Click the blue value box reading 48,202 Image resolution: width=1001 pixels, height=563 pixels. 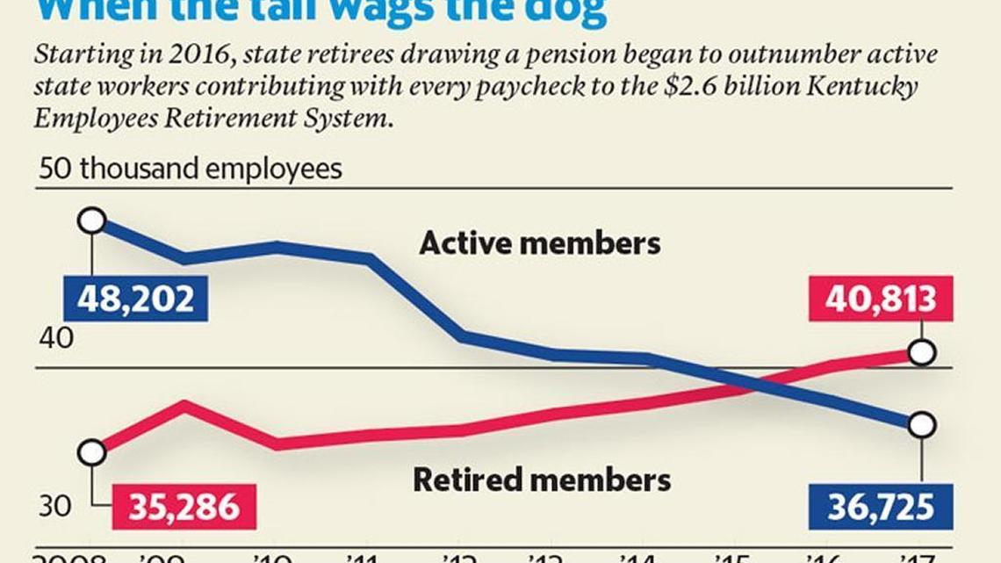135,300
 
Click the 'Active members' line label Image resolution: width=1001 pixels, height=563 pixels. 539,243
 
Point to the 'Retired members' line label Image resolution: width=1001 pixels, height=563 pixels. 541,480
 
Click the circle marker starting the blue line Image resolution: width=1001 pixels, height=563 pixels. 92,220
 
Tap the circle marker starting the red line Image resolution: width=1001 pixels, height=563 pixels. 92,452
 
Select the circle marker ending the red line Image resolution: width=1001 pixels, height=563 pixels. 922,353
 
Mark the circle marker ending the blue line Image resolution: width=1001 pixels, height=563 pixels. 922,424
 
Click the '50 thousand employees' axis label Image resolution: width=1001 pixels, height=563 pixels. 190,169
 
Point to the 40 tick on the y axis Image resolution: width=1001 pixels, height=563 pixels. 55,339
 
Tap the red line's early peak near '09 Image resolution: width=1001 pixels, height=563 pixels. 184,403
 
